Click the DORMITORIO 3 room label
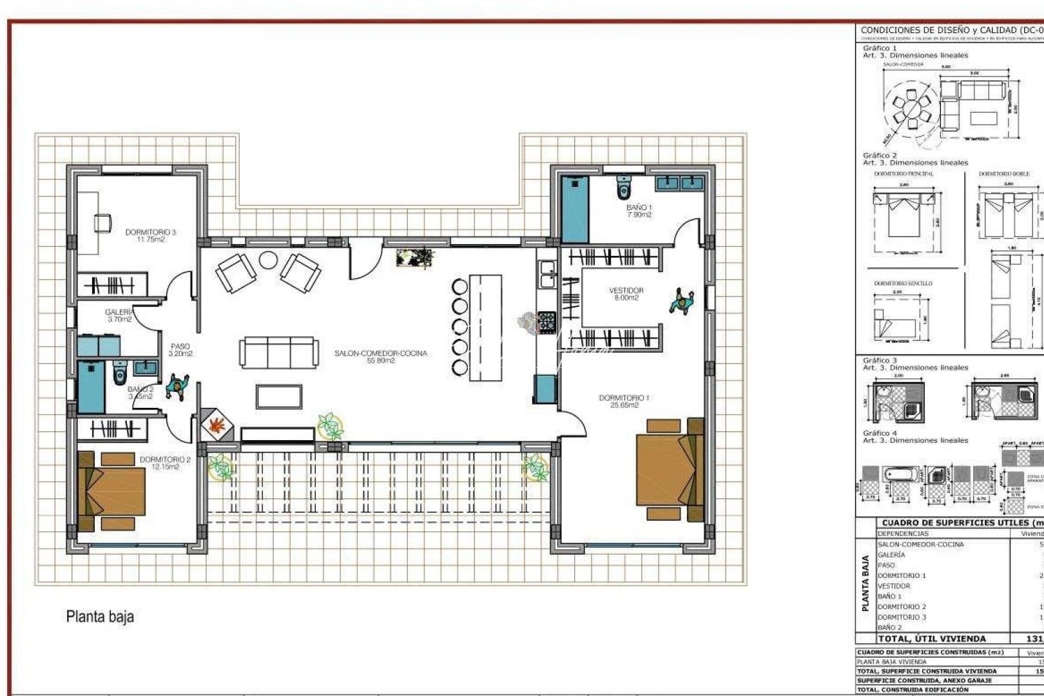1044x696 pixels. click(151, 235)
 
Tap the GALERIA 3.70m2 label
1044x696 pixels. click(119, 315)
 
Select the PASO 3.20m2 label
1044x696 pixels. click(180, 350)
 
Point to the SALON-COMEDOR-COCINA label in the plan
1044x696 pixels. click(380, 356)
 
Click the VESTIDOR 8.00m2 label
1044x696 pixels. click(626, 294)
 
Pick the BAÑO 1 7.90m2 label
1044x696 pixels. click(639, 211)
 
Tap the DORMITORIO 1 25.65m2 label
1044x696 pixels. click(624, 401)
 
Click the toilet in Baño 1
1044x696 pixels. click(623, 188)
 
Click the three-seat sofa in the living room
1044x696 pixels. click(278, 353)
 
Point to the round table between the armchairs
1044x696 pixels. click(268, 260)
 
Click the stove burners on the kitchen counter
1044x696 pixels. click(546, 321)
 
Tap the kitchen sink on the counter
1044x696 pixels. click(547, 273)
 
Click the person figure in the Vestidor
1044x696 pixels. click(682, 301)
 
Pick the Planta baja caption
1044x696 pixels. click(100, 617)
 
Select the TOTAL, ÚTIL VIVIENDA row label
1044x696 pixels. click(932, 639)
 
